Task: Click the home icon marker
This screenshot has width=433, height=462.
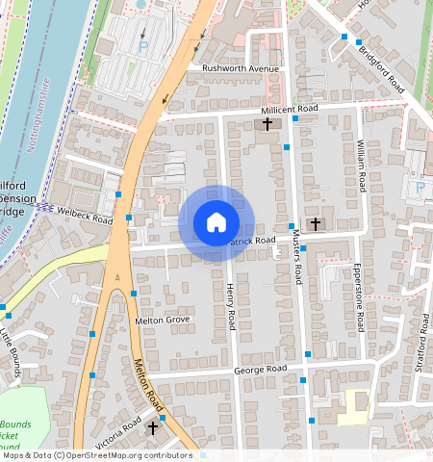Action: (216, 222)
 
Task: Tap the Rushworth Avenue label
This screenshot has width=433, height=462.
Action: (240, 69)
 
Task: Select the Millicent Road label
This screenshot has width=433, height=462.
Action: (282, 110)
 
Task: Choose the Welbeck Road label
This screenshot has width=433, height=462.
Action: (85, 215)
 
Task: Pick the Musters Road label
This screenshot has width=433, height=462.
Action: (297, 258)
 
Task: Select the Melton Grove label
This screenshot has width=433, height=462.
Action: (164, 320)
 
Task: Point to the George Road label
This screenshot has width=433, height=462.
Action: (261, 370)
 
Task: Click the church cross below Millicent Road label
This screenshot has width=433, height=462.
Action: (267, 125)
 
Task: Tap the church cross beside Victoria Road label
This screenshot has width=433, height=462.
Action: (152, 425)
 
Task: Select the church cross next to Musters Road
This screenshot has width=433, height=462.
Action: (316, 223)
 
